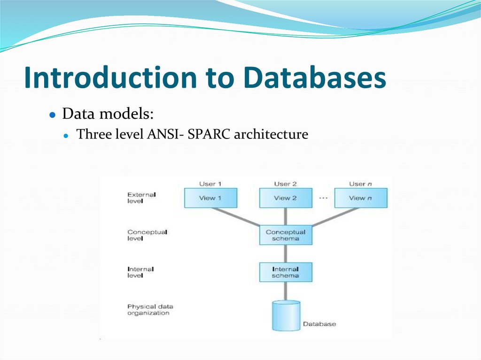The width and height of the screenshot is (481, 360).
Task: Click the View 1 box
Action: [210, 198]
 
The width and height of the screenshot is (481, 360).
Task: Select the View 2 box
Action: [286, 198]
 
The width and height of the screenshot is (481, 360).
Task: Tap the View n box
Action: [361, 198]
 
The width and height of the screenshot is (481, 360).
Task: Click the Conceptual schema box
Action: [286, 235]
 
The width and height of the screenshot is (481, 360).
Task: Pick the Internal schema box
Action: [286, 272]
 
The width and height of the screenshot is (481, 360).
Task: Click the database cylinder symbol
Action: [286, 316]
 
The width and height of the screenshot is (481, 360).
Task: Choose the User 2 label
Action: [286, 184]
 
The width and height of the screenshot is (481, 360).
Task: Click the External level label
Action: [141, 198]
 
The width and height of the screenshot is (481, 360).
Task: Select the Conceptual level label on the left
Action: [147, 235]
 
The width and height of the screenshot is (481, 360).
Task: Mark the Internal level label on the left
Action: [140, 272]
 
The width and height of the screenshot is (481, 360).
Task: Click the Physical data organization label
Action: [150, 310]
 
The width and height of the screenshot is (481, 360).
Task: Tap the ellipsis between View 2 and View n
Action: [323, 198]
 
